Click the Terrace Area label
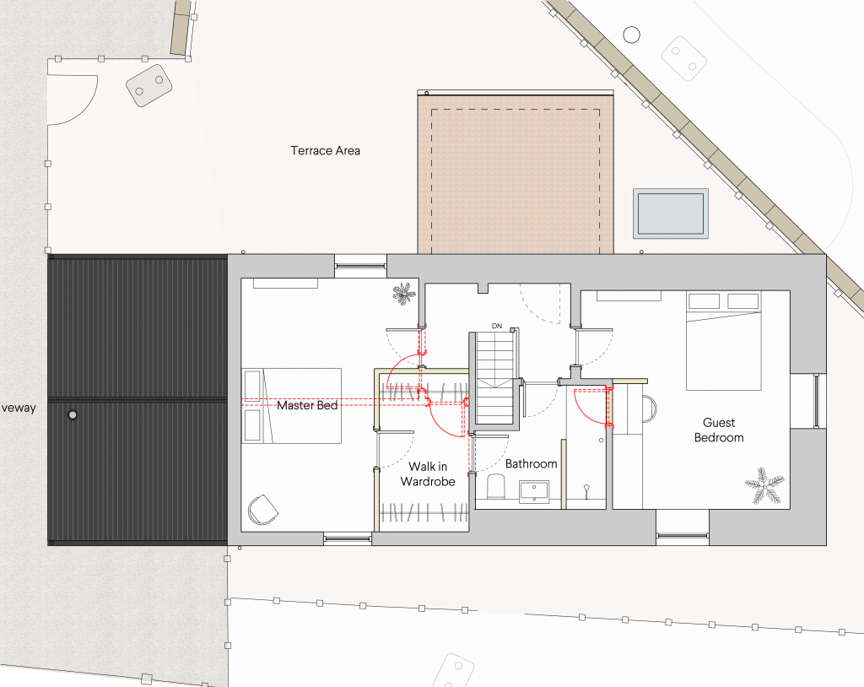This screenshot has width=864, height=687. tap(325, 150)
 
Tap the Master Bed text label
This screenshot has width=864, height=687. tap(307, 405)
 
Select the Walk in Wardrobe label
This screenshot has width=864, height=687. tap(428, 474)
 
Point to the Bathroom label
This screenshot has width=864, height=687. tap(532, 463)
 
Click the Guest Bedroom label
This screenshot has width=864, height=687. tap(719, 430)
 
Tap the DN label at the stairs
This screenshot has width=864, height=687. tap(497, 326)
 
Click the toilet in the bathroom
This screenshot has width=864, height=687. tap(497, 487)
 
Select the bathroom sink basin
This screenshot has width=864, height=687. tap(534, 491)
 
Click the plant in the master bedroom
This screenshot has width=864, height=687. tap(404, 294)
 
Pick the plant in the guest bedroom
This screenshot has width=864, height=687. tap(764, 485)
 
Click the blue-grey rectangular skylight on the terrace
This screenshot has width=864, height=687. tap(671, 214)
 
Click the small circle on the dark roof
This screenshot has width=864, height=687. tap(73, 414)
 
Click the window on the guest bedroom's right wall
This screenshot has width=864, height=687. tap(817, 400)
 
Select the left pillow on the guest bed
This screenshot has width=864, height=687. tap(705, 301)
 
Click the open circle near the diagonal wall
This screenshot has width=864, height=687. tap(631, 35)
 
